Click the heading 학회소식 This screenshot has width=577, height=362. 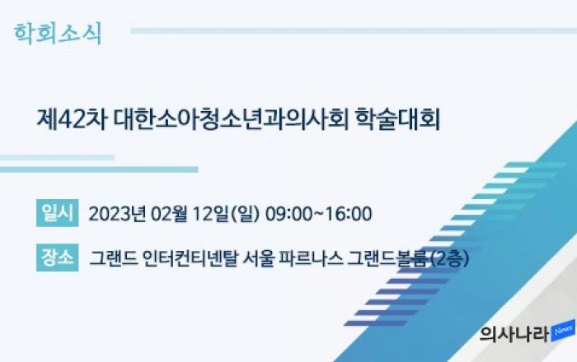[x=58, y=35]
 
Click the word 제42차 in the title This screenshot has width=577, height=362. [x=72, y=119]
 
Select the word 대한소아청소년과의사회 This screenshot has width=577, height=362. [x=231, y=119]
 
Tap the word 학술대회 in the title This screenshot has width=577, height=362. [x=398, y=119]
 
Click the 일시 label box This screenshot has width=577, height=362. [x=58, y=213]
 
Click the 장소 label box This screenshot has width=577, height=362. [x=58, y=258]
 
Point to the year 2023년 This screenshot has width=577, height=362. [x=117, y=214]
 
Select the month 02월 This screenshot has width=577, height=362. [x=169, y=214]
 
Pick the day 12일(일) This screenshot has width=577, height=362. [x=227, y=214]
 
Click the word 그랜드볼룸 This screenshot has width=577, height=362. [x=388, y=258]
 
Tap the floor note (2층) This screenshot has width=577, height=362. [x=449, y=258]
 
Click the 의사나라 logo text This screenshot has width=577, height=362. [x=514, y=335]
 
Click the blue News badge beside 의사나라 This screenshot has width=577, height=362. [x=563, y=331]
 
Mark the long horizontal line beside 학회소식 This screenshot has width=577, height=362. [x=354, y=30]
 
